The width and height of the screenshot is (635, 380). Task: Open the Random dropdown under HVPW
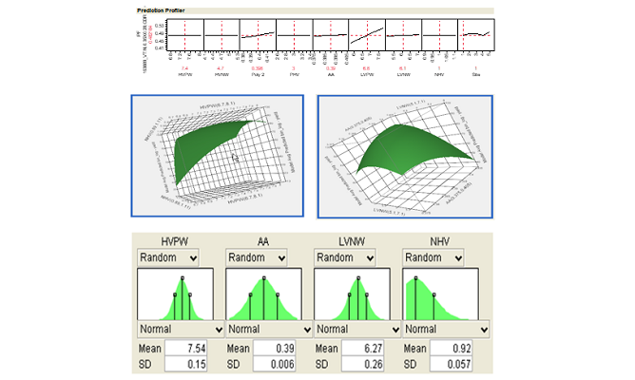[168, 257]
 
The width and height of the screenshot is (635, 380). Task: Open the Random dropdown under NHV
[433, 257]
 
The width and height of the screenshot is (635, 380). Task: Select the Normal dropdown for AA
[269, 327]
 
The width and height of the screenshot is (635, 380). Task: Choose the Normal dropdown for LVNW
[357, 327]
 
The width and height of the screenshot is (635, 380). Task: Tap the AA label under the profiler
[330, 75]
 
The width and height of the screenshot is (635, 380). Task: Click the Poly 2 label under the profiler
[258, 75]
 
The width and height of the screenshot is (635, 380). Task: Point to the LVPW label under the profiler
[366, 75]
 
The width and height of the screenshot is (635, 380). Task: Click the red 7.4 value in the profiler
[185, 68]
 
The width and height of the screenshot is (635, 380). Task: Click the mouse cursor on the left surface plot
[236, 158]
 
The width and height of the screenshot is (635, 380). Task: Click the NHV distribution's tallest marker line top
[418, 278]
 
